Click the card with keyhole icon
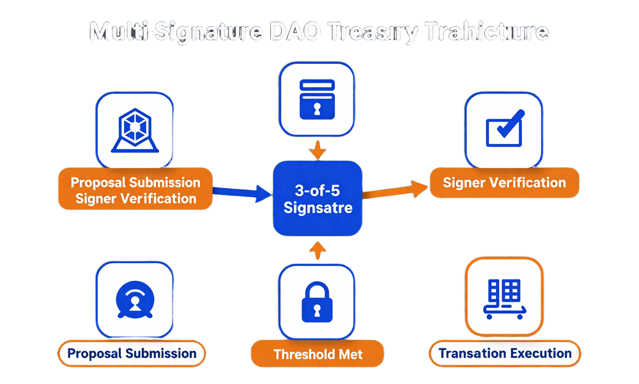point(318,99)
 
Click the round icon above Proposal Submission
point(134,298)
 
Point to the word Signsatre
point(318,208)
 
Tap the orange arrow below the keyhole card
point(318,151)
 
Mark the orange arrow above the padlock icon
point(315,252)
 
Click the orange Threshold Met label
point(318,354)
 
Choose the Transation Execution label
point(505,353)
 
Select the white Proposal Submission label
point(132,353)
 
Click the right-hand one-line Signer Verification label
point(505,182)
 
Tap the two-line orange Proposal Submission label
point(135,189)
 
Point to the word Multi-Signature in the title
point(174,31)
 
